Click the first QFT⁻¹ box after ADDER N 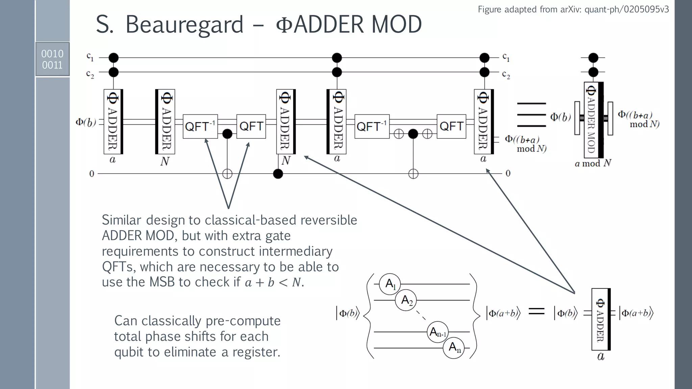200,126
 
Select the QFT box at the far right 451,126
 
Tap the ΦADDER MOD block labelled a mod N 593,118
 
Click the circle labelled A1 390,284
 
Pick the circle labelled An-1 438,332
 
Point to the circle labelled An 453,348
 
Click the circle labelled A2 406,300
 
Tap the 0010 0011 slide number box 52,59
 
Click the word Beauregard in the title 184,24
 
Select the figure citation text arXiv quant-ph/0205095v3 573,9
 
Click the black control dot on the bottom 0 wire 278,174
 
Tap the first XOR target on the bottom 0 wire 227,174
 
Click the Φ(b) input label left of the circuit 85,122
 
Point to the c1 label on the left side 90,56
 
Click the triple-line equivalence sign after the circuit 531,115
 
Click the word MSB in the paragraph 162,282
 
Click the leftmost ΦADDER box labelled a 113,122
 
